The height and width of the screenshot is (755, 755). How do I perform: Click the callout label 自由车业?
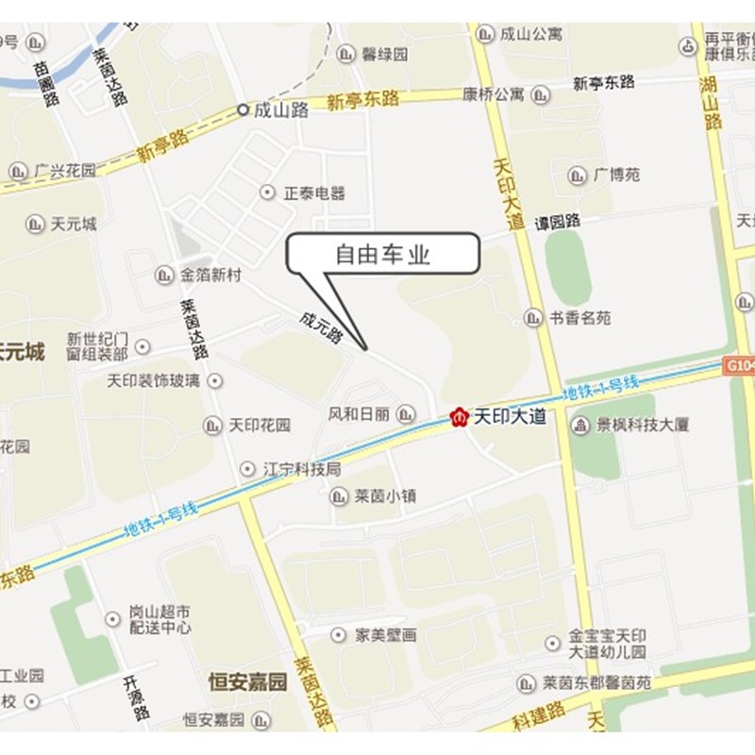(x=383, y=255)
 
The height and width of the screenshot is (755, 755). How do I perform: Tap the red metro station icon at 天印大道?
(x=460, y=416)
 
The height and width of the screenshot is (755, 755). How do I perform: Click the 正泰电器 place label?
(x=314, y=193)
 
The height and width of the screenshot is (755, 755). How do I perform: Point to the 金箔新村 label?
(x=210, y=276)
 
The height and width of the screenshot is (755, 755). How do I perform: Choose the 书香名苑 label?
(x=579, y=318)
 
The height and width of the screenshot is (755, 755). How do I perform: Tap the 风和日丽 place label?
(x=358, y=413)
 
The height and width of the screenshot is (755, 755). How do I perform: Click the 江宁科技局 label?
(x=301, y=468)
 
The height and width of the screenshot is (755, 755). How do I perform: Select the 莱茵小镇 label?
(x=385, y=495)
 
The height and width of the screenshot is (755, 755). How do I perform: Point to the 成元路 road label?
(x=320, y=326)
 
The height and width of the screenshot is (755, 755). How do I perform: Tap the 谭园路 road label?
(x=558, y=223)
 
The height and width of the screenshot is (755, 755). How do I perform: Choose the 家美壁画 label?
(x=385, y=635)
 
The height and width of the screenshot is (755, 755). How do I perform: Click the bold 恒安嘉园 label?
(x=247, y=681)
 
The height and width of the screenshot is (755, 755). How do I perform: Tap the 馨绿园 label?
(x=385, y=54)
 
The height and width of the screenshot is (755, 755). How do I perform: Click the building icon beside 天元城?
(x=35, y=225)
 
